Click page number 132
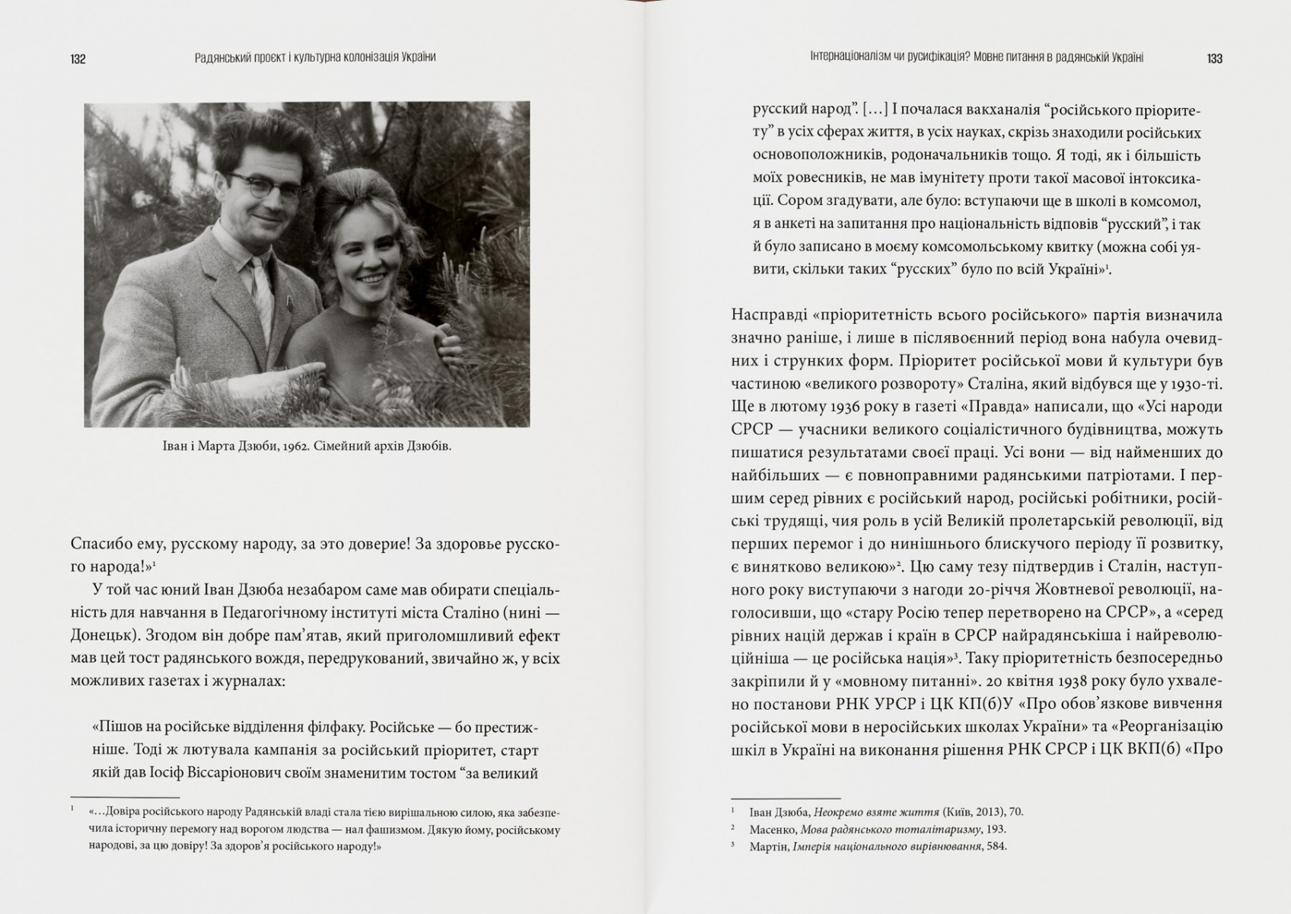tap(78, 59)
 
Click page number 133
tap(1214, 58)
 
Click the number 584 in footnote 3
tap(996, 846)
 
